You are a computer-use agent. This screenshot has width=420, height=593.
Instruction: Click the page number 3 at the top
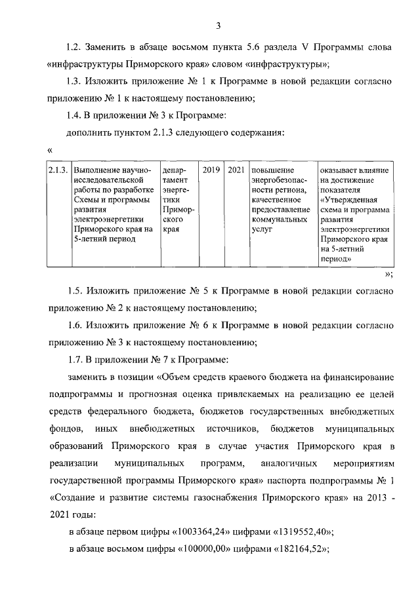click(217, 26)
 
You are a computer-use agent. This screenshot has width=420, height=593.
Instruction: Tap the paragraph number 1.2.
click(75, 48)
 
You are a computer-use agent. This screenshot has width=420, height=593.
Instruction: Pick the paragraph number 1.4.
click(75, 116)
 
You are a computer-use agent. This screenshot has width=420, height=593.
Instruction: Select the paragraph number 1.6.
click(75, 324)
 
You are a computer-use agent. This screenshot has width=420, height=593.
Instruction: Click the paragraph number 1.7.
click(75, 358)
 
